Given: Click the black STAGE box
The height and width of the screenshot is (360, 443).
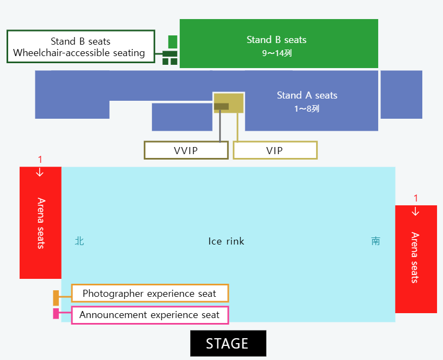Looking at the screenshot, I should [228, 344].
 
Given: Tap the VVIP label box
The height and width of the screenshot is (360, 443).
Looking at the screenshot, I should [186, 150].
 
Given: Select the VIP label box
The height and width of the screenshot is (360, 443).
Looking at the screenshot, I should [275, 150].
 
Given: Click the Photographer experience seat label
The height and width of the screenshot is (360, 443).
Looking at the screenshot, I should [149, 294].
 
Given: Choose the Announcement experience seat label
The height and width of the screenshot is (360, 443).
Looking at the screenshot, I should [149, 315].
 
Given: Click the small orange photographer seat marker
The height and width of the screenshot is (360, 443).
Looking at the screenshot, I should [56, 298].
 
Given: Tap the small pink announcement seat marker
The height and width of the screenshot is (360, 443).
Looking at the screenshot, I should [56, 314].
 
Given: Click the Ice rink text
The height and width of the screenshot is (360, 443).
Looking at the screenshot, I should [226, 241].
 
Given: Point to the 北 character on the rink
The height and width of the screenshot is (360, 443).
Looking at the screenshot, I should [80, 241].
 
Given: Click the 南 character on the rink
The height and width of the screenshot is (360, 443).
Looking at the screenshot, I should [376, 241].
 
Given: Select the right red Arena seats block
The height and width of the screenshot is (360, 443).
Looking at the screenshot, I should [416, 259].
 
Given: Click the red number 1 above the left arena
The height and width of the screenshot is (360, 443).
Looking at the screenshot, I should [40, 160].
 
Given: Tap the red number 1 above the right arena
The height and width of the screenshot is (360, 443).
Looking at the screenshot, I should [416, 198].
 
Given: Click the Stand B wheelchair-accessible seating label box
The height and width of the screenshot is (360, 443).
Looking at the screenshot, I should [81, 47].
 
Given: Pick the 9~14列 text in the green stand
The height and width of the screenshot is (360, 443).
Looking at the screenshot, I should [276, 53].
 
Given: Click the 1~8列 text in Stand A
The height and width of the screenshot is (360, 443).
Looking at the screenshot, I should [307, 108].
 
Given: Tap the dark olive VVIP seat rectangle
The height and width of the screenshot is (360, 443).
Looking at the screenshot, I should [221, 106].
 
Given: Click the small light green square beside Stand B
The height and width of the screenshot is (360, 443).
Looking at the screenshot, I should [173, 41].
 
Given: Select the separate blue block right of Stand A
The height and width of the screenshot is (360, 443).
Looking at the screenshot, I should [401, 94].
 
